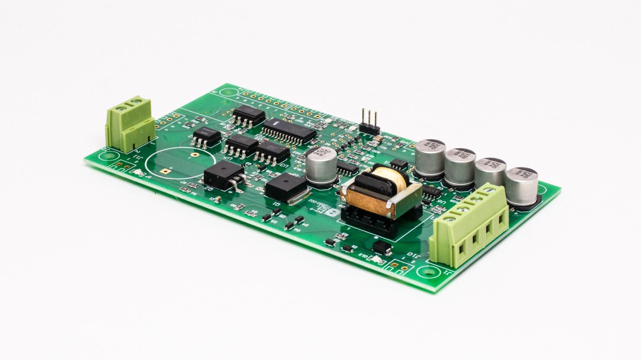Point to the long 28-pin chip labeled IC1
point(289,131)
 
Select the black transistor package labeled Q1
point(286,187)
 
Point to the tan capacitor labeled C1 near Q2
point(218,200)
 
